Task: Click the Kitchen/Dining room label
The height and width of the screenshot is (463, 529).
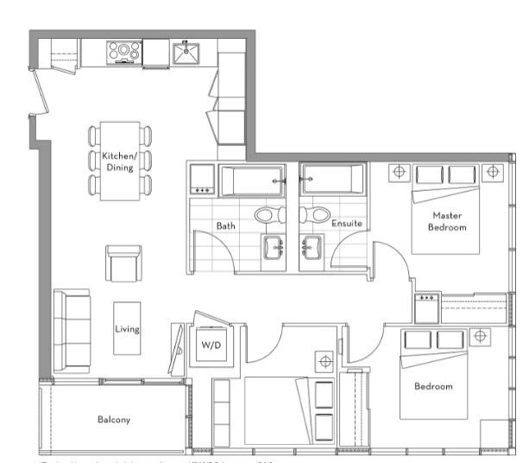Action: click(x=119, y=162)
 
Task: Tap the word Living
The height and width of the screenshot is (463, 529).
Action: click(x=127, y=329)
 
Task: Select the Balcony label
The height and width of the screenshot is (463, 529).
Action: click(x=113, y=420)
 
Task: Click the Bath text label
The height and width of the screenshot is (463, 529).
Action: click(x=226, y=225)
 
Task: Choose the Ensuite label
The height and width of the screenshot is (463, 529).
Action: click(x=347, y=224)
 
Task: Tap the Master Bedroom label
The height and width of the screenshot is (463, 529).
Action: click(x=448, y=221)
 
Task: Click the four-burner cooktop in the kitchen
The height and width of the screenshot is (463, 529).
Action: click(x=124, y=53)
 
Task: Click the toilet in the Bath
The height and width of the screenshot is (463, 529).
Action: click(x=267, y=213)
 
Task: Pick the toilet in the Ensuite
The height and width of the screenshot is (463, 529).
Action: click(x=318, y=213)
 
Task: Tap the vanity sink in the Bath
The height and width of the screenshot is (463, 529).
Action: click(x=277, y=247)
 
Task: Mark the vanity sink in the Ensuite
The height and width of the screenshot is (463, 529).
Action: click(x=310, y=247)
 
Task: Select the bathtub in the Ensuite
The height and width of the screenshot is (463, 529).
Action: click(x=331, y=181)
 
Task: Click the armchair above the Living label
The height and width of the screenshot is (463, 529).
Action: click(x=123, y=263)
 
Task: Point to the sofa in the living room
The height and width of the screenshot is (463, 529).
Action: click(x=71, y=331)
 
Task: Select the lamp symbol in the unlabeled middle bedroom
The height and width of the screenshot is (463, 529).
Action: click(x=325, y=360)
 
